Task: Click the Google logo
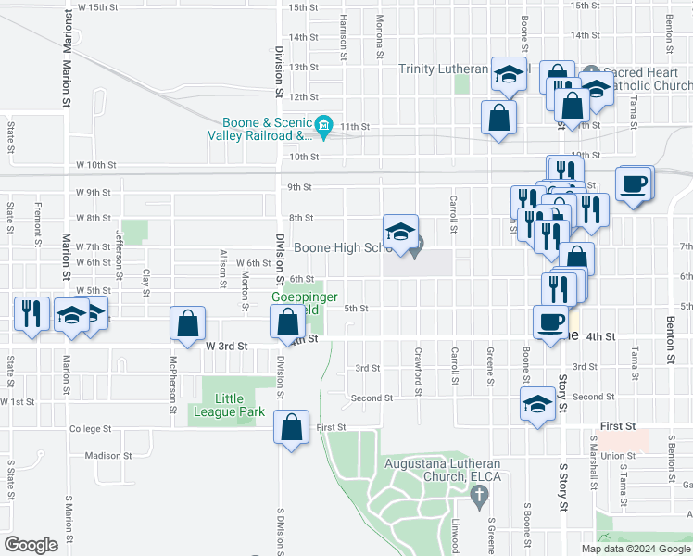point(31,545)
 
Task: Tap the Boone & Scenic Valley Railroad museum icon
point(323,124)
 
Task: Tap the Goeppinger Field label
point(296,303)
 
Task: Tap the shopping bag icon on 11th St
point(499,118)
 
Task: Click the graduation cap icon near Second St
point(536,404)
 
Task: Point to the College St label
point(90,429)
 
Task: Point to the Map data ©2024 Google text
point(636,549)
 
